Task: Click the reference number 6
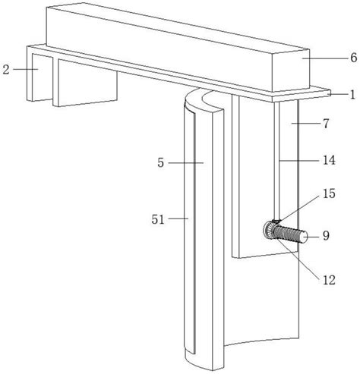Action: click(x=354, y=58)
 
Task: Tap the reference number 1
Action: click(x=352, y=94)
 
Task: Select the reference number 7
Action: click(x=326, y=124)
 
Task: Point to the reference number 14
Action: click(x=329, y=160)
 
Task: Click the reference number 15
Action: click(x=329, y=193)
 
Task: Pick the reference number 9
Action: click(x=326, y=236)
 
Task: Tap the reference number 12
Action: click(x=329, y=280)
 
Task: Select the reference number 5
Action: click(x=160, y=163)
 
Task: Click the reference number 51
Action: click(x=158, y=219)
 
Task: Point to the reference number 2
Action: click(x=6, y=70)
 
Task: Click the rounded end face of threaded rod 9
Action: click(x=304, y=237)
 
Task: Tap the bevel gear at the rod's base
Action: click(x=269, y=230)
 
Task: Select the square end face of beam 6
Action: click(x=290, y=71)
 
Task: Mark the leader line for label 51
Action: click(x=178, y=218)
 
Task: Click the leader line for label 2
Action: click(x=26, y=69)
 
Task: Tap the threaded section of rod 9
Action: click(x=287, y=234)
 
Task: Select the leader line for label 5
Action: click(x=186, y=163)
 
